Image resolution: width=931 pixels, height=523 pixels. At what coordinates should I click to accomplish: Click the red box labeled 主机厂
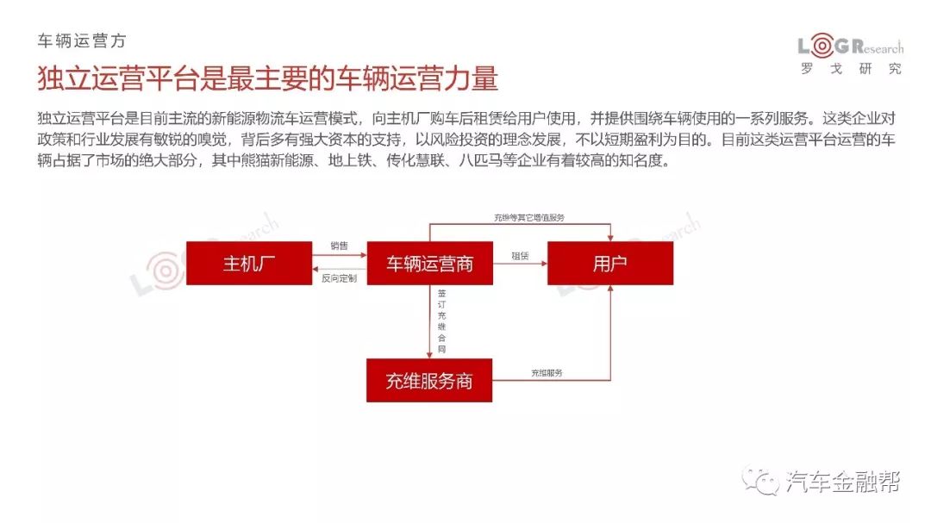(249, 263)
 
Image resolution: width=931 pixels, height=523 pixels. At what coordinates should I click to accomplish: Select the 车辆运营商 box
(430, 263)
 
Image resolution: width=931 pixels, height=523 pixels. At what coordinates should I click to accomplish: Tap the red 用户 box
(610, 263)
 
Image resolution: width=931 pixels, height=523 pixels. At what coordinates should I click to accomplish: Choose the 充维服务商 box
(429, 381)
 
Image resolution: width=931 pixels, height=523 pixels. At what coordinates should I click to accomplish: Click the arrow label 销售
(339, 246)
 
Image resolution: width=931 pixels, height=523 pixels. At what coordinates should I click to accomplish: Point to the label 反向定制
(339, 277)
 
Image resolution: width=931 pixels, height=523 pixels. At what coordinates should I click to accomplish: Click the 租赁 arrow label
(520, 256)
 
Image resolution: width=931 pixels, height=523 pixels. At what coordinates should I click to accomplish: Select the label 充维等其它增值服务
(529, 218)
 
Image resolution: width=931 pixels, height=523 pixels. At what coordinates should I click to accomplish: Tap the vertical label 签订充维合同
(441, 321)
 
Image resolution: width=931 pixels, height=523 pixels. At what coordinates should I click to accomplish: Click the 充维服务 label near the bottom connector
(547, 373)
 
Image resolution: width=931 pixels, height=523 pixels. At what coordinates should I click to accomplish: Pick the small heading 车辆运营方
(82, 40)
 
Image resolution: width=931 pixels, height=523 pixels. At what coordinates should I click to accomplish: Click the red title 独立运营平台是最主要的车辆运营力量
(268, 78)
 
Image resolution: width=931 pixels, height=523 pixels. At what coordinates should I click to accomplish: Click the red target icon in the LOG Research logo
(822, 46)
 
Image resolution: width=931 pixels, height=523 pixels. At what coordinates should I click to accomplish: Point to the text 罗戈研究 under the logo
(851, 69)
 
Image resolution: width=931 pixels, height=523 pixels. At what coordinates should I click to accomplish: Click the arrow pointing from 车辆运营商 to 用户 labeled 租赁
(520, 263)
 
